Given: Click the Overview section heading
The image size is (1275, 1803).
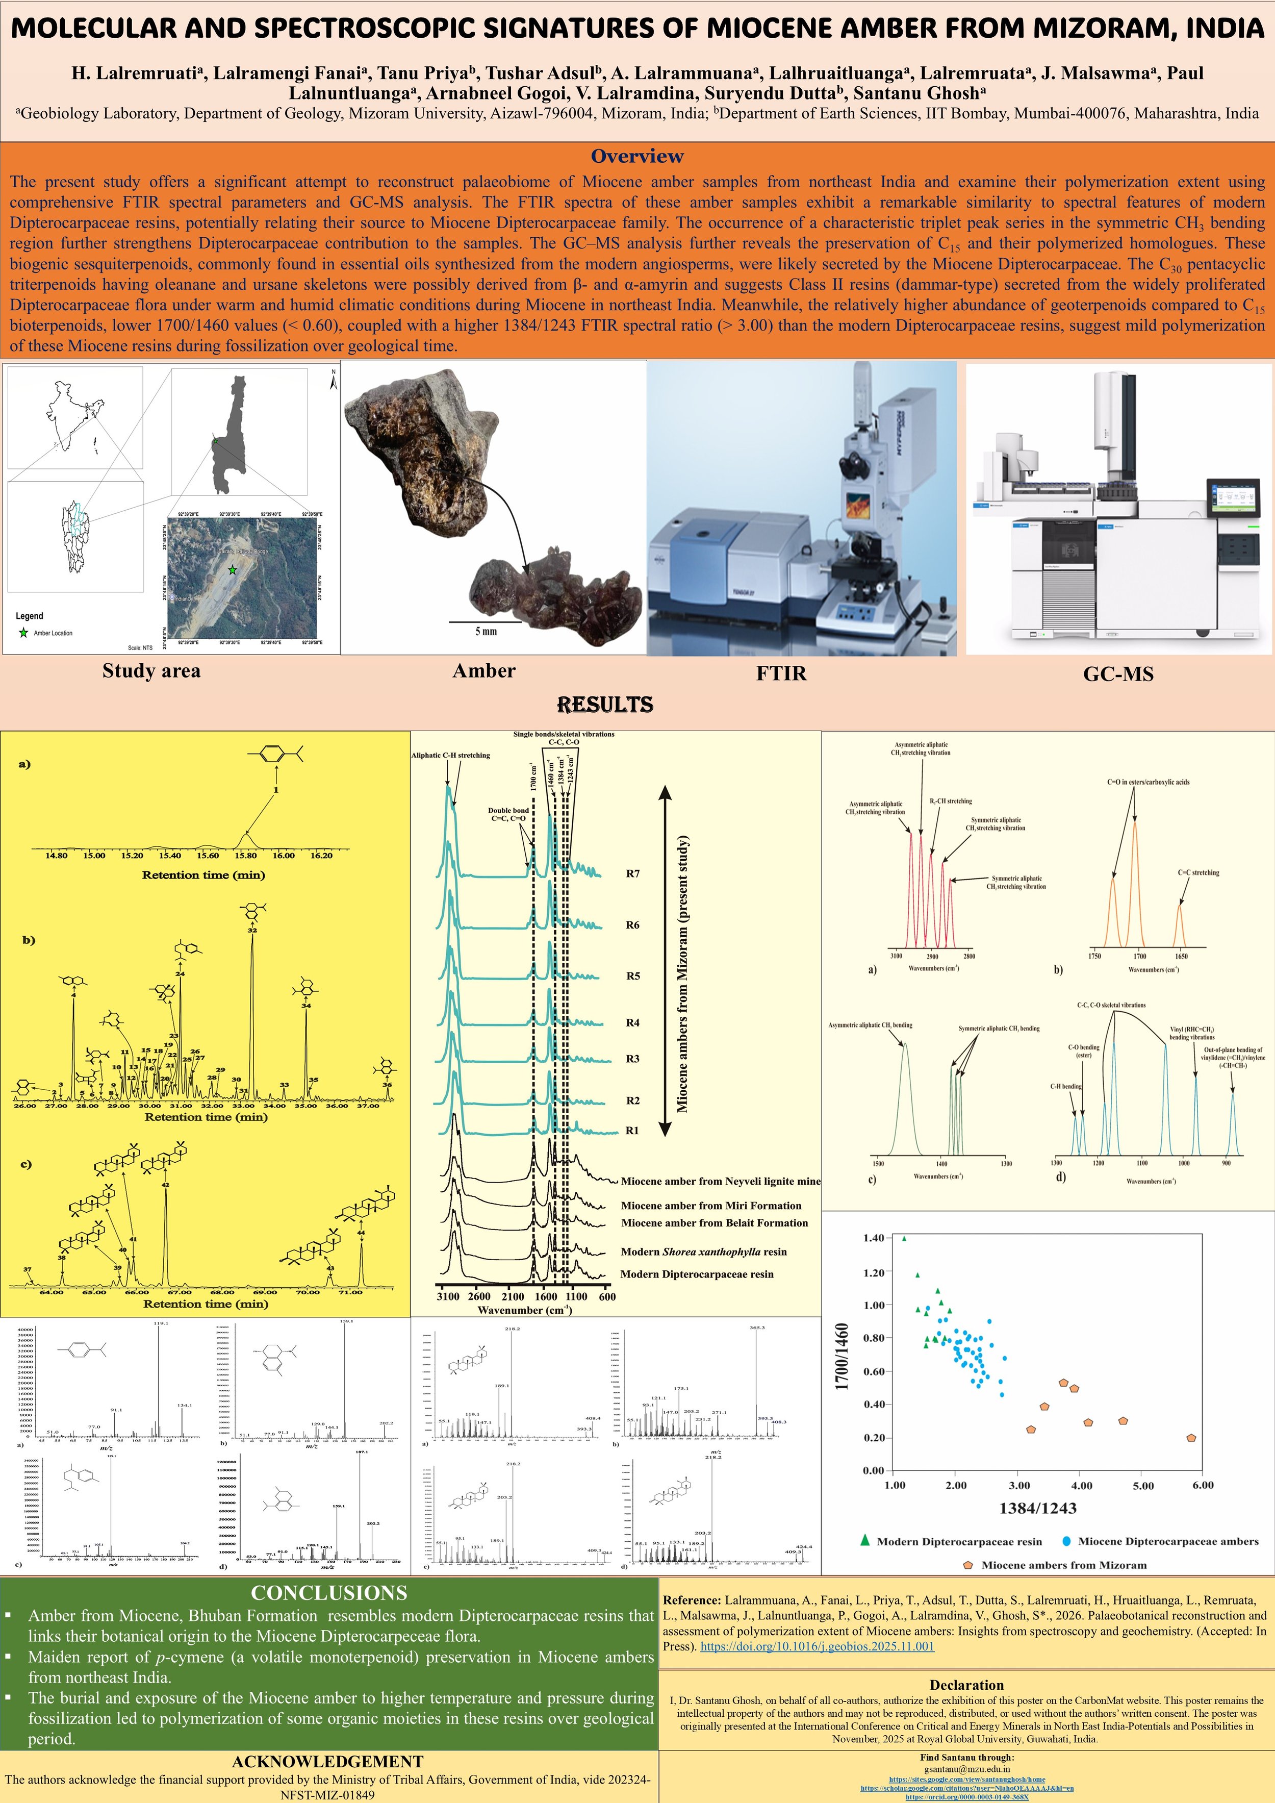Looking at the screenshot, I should click(636, 156).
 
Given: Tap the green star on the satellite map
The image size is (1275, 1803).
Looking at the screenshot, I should click(232, 570).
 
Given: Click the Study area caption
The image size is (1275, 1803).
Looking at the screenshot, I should click(151, 670).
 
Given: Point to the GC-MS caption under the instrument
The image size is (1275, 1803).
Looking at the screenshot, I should click(1118, 674).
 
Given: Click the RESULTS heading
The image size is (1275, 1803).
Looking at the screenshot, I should click(604, 705).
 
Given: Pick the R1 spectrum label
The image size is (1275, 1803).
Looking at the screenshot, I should click(632, 1131).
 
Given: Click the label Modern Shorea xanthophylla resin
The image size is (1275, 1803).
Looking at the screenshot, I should click(703, 1251).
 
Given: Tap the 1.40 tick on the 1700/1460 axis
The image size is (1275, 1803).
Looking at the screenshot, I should click(873, 1238).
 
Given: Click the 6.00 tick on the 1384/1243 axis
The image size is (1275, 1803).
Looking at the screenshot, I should click(1202, 1485).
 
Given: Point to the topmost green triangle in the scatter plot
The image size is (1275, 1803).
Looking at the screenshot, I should click(904, 1238).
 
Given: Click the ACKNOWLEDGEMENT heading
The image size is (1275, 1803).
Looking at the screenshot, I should click(327, 1761).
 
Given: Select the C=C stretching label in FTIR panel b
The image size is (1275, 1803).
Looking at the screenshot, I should click(1198, 872).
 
